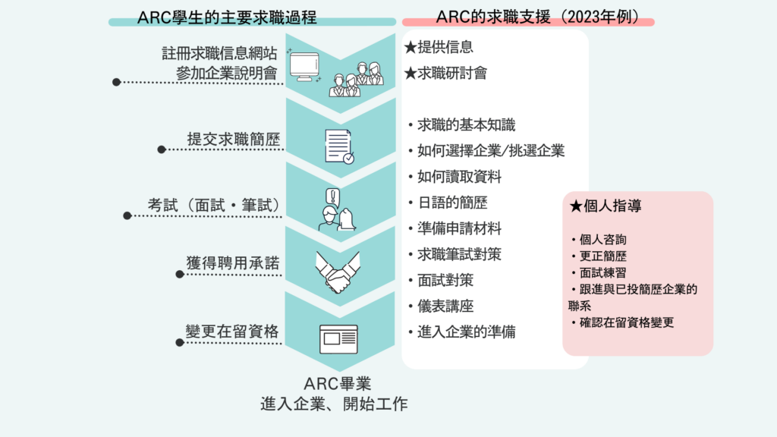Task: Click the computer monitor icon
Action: click(x=304, y=67)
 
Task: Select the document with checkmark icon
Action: click(x=339, y=146)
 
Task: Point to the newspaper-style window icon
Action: click(x=338, y=339)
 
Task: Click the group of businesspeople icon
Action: click(x=357, y=79)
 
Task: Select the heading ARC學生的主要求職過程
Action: click(x=226, y=17)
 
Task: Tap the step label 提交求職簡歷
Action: click(x=234, y=140)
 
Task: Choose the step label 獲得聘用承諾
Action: click(x=233, y=263)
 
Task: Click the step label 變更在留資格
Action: click(x=232, y=332)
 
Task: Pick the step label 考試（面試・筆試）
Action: click(x=215, y=205)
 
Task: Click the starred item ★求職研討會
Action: click(x=445, y=74)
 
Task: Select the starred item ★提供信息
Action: click(x=439, y=47)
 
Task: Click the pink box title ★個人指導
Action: click(x=606, y=206)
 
